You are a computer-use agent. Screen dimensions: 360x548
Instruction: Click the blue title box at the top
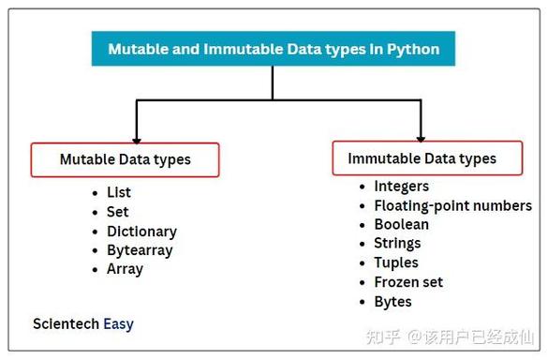[274, 48]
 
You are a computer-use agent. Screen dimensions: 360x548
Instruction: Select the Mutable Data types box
[125, 159]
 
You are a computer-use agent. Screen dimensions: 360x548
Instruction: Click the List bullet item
[119, 192]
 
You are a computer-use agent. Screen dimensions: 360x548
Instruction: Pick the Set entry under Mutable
[118, 212]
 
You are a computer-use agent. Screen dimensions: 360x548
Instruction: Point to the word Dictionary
[141, 231]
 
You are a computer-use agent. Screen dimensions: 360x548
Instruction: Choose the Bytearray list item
[140, 250]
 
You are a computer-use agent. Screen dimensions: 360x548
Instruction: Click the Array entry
[125, 269]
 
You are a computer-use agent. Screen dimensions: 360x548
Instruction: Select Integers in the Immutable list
[401, 186]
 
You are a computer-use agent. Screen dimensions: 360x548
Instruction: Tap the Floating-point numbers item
[452, 205]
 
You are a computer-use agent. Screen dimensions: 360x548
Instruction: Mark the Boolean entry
[401, 224]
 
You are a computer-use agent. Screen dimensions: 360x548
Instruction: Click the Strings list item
[397, 244]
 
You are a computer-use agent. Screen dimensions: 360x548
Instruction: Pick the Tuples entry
[395, 262]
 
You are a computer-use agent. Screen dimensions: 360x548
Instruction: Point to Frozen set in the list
[408, 282]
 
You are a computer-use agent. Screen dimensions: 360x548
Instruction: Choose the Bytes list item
[392, 302]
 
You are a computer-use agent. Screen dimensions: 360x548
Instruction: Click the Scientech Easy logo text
[83, 324]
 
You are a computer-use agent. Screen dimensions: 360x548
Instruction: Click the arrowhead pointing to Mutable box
[138, 135]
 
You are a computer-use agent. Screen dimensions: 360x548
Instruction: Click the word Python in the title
[413, 49]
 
